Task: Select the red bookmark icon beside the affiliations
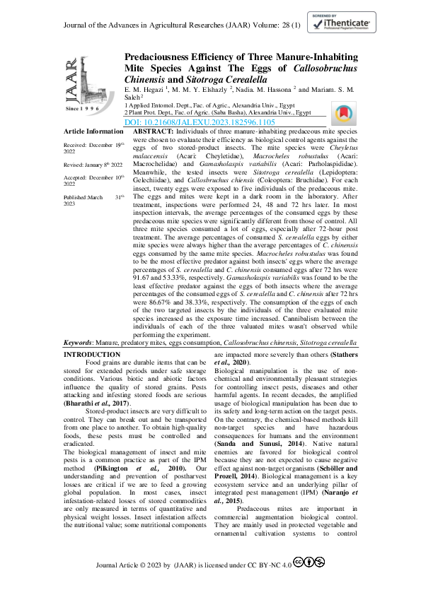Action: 342,114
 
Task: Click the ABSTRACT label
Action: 152,131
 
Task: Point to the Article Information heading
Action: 93,131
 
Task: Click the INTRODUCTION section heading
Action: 92,353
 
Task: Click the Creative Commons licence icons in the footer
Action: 308,562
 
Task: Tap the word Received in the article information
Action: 77,144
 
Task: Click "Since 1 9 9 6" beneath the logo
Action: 83,110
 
